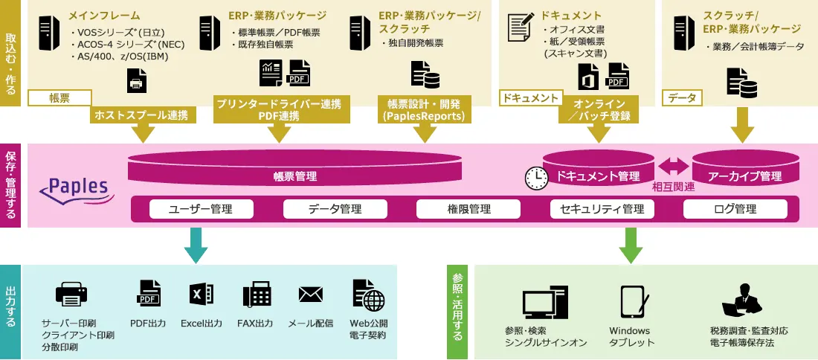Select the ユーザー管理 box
pyautogui.click(x=201, y=209)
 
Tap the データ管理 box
pyautogui.click(x=335, y=209)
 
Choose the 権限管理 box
pyautogui.click(x=468, y=209)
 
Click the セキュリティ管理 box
pyautogui.click(x=602, y=209)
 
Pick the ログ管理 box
pyautogui.click(x=735, y=209)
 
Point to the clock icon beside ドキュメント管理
pyautogui.click(x=535, y=176)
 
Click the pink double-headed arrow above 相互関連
pyautogui.click(x=674, y=165)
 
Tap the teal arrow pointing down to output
pyautogui.click(x=194, y=245)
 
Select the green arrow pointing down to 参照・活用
pyautogui.click(x=631, y=245)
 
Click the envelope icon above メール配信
pyautogui.click(x=310, y=295)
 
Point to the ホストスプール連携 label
pyautogui.click(x=141, y=115)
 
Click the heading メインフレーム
pyautogui.click(x=103, y=15)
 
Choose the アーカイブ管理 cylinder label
pyautogui.click(x=744, y=176)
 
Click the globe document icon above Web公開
pyautogui.click(x=369, y=295)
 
